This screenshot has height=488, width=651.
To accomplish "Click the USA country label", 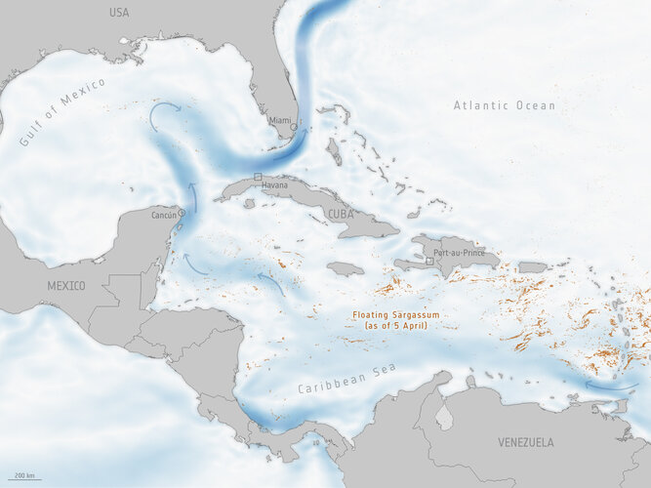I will (119, 13).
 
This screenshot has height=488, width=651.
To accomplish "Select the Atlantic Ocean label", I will (504, 105).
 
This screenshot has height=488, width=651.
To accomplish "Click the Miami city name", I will (280, 120).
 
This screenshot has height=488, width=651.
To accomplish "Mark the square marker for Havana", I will (258, 177).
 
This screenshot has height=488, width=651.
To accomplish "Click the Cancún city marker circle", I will (182, 212).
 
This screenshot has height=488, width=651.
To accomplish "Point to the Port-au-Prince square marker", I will (429, 262).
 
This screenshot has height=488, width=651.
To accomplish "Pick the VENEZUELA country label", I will (526, 442).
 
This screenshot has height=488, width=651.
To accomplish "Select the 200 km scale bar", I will (26, 478).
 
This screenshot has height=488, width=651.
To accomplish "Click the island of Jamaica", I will (346, 268).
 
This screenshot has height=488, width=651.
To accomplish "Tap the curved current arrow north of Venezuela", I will (610, 386).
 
